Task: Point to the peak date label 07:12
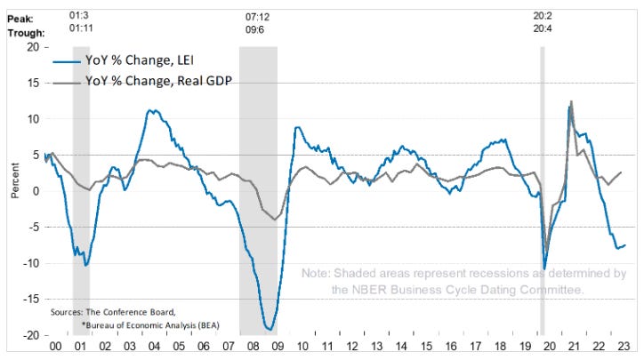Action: pos(258,16)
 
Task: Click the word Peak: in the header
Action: pos(20,16)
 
